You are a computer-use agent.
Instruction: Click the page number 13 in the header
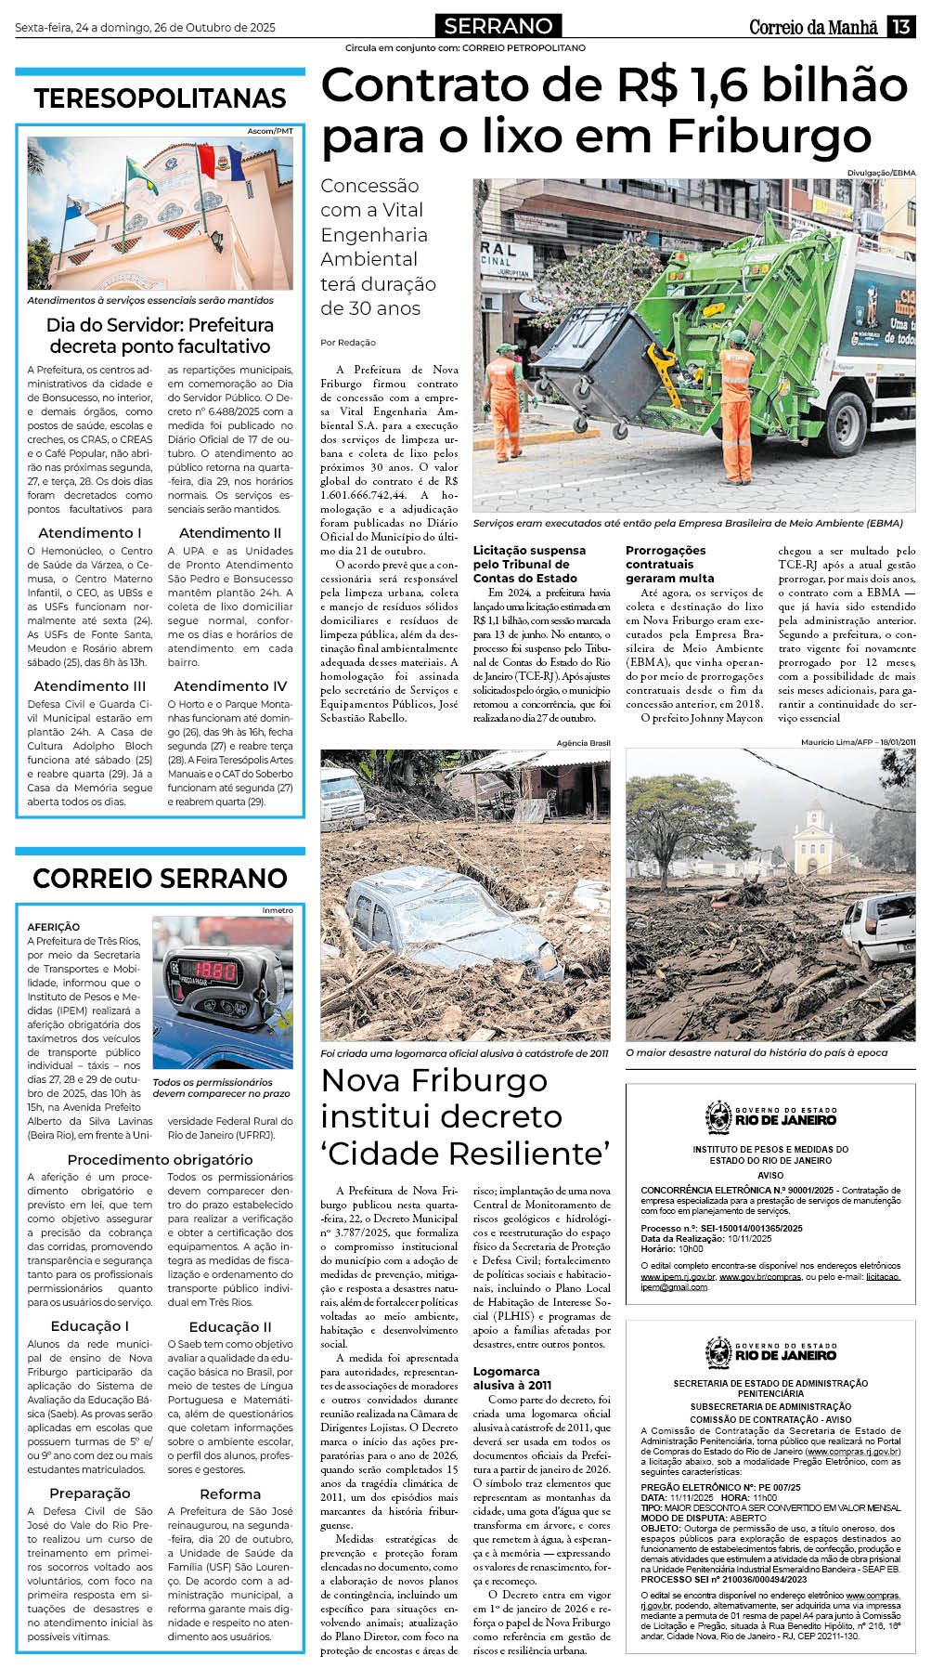[x=900, y=27]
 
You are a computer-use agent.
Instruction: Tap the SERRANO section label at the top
[x=498, y=26]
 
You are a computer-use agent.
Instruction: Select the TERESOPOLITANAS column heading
[x=160, y=98]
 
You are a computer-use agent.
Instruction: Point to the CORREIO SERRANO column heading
[x=160, y=878]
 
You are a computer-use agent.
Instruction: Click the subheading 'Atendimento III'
[x=90, y=685]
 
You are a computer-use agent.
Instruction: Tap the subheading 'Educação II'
[x=230, y=1326]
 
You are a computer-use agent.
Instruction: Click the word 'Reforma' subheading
[x=230, y=1493]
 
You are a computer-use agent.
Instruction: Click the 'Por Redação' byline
[x=348, y=343]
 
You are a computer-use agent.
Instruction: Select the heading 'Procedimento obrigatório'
[x=160, y=1159]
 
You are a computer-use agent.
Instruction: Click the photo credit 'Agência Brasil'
[x=583, y=743]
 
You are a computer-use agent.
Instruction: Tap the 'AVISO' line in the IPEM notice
[x=769, y=1175]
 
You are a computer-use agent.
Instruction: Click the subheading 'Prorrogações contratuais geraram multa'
[x=670, y=564]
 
